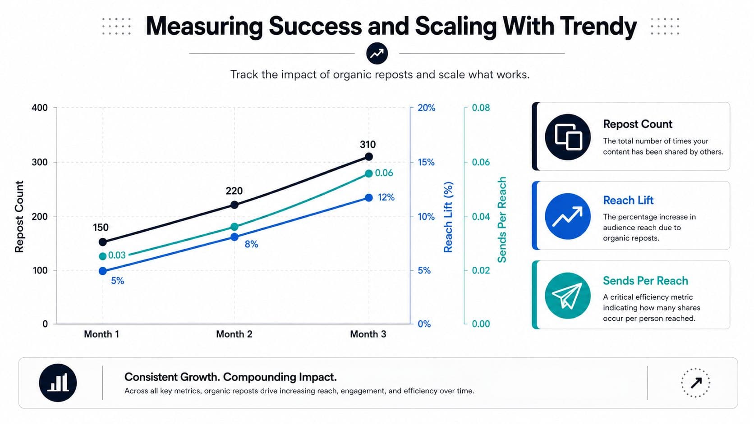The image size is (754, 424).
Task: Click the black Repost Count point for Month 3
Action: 368,157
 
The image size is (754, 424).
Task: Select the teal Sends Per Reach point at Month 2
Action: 234,227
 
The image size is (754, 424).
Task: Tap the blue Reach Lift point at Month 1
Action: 103,271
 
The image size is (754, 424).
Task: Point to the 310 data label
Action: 368,145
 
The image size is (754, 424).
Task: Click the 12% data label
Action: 386,197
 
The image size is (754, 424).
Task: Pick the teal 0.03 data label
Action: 117,255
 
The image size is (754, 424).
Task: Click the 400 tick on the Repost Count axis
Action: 40,108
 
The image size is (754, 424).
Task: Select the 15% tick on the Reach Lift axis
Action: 427,162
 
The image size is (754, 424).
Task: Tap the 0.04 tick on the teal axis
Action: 481,217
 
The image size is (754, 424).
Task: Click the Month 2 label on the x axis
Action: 234,334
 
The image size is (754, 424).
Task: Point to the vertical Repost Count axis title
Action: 19,217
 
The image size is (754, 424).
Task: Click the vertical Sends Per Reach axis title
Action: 502,219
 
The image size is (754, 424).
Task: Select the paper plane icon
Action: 567,296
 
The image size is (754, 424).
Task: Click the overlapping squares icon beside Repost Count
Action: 567,137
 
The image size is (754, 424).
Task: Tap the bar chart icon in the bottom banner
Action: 58,383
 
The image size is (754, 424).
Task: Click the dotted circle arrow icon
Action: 695,383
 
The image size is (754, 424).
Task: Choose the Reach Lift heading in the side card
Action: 628,201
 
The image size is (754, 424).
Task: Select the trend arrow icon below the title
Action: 377,54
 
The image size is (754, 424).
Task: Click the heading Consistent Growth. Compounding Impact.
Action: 230,377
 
